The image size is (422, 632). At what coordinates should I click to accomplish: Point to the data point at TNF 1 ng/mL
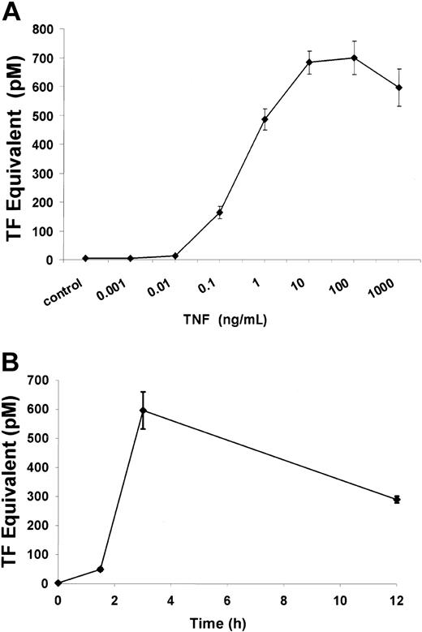[x=264, y=119]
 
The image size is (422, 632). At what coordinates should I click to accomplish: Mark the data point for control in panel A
[x=85, y=258]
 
